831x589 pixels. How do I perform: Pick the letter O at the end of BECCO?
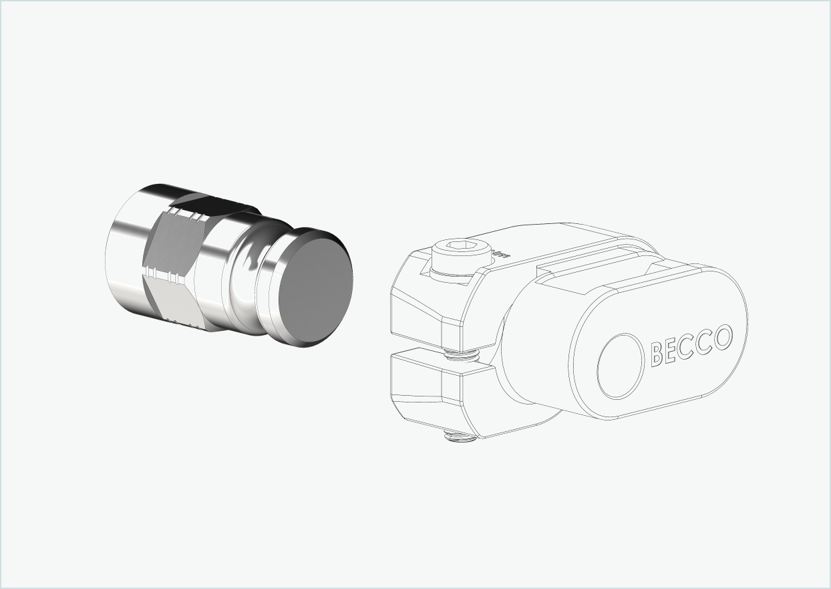[722, 338]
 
